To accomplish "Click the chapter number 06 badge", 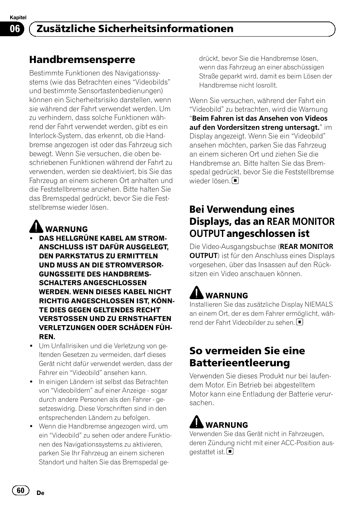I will tap(15, 29).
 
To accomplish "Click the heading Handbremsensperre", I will tap(82, 60).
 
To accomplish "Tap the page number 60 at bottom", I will tap(20, 490).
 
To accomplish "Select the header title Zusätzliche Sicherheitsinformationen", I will tap(135, 29).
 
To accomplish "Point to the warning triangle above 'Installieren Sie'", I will tap(196, 292).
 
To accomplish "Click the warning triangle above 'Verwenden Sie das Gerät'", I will tap(196, 422).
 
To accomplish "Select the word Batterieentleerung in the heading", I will tap(240, 363).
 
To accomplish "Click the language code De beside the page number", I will tap(41, 493).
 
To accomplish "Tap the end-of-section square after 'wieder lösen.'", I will tap(235, 181).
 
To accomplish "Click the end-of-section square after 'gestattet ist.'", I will tap(230, 452).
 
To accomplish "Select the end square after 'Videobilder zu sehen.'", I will tap(300, 322).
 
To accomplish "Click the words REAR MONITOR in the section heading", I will tap(301, 221).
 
